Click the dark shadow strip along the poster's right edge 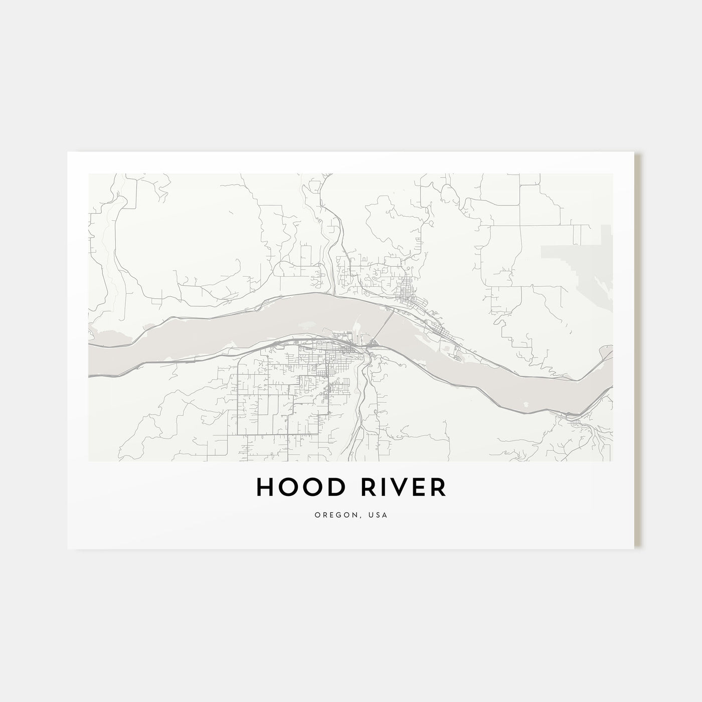coord(638,351)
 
